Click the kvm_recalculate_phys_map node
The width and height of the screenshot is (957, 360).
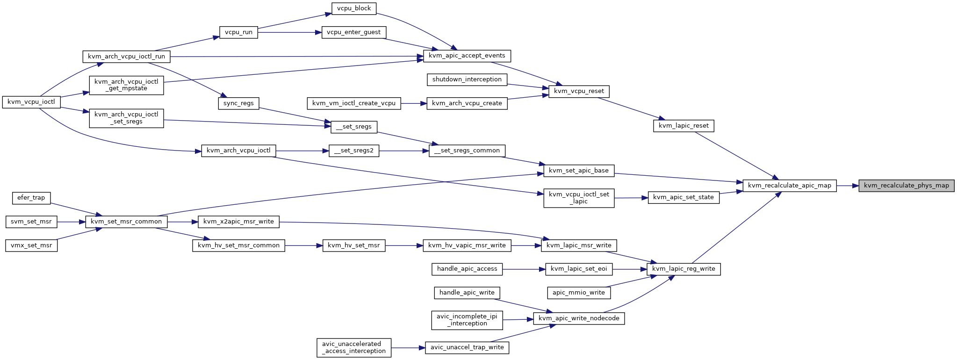906,186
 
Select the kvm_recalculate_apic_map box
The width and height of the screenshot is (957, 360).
789,186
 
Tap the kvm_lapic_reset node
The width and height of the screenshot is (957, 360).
684,126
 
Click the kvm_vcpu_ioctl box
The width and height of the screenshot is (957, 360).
32,102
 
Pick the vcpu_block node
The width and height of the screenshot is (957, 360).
353,8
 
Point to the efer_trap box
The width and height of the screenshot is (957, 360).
31,198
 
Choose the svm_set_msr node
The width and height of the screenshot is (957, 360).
31,222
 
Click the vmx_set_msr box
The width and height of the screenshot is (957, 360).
31,245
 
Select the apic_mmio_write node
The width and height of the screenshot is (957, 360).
579,293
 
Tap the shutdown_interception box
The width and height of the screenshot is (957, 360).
467,79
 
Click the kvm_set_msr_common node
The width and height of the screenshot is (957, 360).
126,222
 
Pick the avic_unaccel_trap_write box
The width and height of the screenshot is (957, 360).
467,348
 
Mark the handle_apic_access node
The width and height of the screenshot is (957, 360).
467,269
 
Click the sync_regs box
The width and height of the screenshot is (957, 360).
238,103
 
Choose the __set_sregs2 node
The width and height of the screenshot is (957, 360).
354,151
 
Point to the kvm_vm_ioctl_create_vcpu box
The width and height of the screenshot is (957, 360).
354,103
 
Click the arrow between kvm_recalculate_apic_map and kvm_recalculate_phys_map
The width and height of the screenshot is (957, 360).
847,186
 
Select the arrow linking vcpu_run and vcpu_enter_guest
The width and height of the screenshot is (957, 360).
290,32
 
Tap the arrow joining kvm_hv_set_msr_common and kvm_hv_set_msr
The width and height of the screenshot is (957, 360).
304,245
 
